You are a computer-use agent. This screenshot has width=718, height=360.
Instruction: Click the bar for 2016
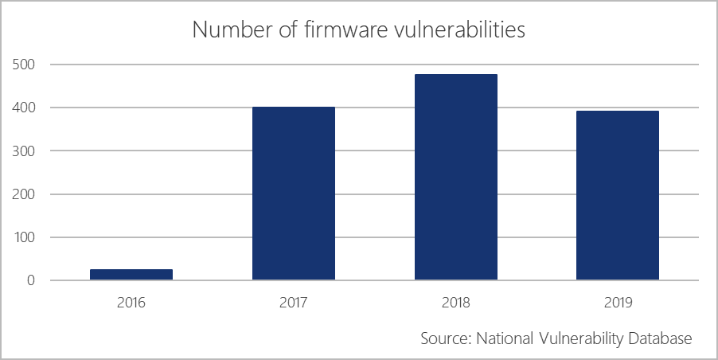pyautogui.click(x=131, y=275)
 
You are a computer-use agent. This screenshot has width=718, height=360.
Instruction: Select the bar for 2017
pyautogui.click(x=294, y=194)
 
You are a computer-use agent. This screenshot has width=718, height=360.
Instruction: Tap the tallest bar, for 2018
pyautogui.click(x=456, y=177)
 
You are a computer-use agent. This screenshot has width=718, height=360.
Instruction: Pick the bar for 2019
pyautogui.click(x=618, y=195)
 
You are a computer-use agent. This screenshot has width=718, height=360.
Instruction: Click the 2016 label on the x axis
pyautogui.click(x=131, y=303)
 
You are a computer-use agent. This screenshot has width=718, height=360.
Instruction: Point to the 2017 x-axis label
pyautogui.click(x=294, y=303)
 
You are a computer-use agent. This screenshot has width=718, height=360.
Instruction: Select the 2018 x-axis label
pyautogui.click(x=456, y=303)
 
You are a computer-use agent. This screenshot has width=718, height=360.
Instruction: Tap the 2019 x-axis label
pyautogui.click(x=618, y=303)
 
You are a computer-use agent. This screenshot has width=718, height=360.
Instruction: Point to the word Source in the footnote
pyautogui.click(x=444, y=338)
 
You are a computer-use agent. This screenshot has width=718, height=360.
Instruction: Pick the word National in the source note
pyautogui.click(x=504, y=338)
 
